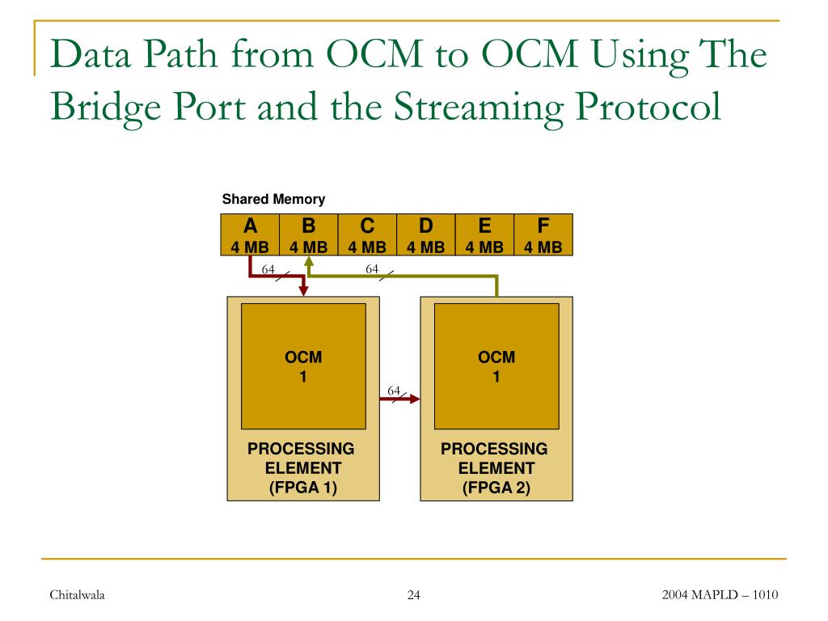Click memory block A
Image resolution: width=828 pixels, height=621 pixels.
click(x=250, y=234)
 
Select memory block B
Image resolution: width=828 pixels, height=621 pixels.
click(x=309, y=234)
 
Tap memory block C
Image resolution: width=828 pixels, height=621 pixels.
click(x=367, y=234)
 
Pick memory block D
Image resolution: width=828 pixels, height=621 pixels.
click(x=426, y=234)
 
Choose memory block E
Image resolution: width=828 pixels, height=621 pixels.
click(x=485, y=234)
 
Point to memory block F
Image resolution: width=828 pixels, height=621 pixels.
click(x=543, y=234)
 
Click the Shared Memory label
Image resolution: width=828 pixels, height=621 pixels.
click(x=273, y=199)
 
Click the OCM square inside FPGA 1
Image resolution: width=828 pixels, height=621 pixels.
click(x=304, y=365)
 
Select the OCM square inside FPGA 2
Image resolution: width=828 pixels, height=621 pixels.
click(x=496, y=365)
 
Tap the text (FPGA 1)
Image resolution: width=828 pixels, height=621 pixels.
click(x=303, y=488)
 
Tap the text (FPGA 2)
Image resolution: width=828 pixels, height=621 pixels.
click(x=496, y=488)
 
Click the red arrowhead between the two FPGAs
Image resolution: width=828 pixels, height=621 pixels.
click(x=415, y=399)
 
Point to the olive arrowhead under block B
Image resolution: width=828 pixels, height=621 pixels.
click(x=309, y=262)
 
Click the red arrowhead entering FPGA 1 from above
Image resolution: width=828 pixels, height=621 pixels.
click(x=304, y=290)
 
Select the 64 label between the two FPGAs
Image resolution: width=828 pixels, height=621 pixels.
click(x=394, y=391)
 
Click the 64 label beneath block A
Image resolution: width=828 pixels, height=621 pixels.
click(x=268, y=269)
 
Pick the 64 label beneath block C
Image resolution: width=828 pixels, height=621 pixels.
click(x=373, y=269)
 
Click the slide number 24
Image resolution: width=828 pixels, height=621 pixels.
click(x=414, y=596)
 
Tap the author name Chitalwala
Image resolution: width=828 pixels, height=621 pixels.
click(x=78, y=596)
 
